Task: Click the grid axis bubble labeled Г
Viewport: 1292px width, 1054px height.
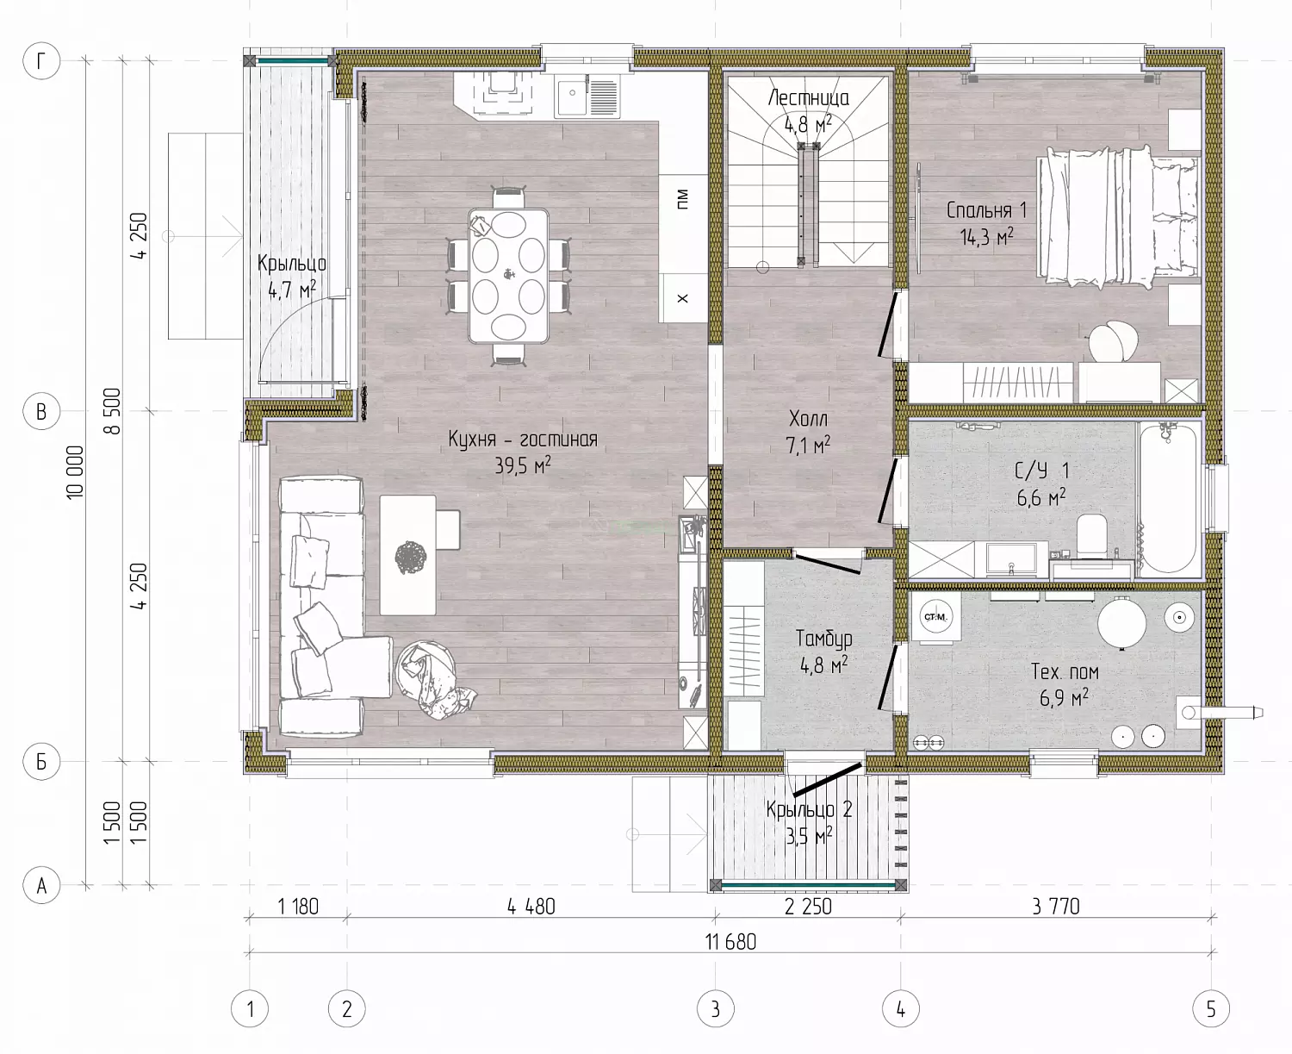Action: (41, 61)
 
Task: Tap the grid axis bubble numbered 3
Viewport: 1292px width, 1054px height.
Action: (716, 1008)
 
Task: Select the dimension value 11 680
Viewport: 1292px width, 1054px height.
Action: (731, 942)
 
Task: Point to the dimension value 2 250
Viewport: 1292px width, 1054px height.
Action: (808, 907)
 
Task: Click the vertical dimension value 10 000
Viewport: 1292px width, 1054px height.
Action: (75, 473)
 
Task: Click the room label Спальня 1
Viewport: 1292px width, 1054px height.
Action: (986, 210)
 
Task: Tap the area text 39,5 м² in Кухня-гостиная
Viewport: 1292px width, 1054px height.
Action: (523, 465)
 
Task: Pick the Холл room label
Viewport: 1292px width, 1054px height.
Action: (808, 420)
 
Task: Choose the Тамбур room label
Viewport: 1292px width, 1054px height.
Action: (824, 639)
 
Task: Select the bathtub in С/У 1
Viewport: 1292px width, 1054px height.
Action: (1168, 498)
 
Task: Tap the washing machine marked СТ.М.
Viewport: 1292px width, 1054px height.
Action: (935, 617)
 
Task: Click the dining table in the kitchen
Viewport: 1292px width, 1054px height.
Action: (508, 276)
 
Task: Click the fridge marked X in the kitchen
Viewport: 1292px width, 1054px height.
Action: (683, 298)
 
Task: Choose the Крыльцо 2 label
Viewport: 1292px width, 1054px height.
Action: (809, 809)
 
